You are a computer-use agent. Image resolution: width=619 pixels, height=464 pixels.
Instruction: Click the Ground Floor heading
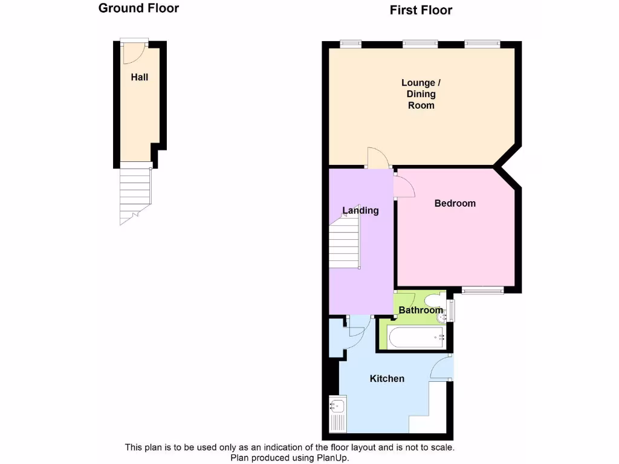pos(138,8)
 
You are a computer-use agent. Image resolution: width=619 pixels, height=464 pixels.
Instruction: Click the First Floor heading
pos(421,10)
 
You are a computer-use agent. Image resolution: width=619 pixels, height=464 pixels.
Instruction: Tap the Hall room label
pos(140,77)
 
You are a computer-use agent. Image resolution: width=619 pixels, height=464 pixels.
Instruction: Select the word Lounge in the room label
pos(418,83)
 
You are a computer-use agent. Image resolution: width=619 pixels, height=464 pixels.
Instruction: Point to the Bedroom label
pos(455,204)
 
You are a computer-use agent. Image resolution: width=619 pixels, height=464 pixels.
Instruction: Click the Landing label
pos(360,210)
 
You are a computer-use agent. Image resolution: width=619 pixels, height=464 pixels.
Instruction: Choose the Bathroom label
pos(421,311)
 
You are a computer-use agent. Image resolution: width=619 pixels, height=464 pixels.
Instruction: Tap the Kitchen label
pos(387,379)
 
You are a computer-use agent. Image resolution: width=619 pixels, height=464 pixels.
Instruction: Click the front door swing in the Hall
pos(132,54)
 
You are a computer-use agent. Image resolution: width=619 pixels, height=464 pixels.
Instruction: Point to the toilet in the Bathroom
pos(433,300)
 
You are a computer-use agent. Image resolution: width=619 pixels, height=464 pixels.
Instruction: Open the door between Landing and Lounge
pos(378,158)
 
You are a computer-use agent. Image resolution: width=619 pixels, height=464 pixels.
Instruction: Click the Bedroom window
pos(482,291)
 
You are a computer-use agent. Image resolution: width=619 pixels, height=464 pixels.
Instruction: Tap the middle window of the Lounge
pos(420,43)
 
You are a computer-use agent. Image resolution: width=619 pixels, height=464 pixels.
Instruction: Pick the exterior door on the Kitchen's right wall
pos(442,368)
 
